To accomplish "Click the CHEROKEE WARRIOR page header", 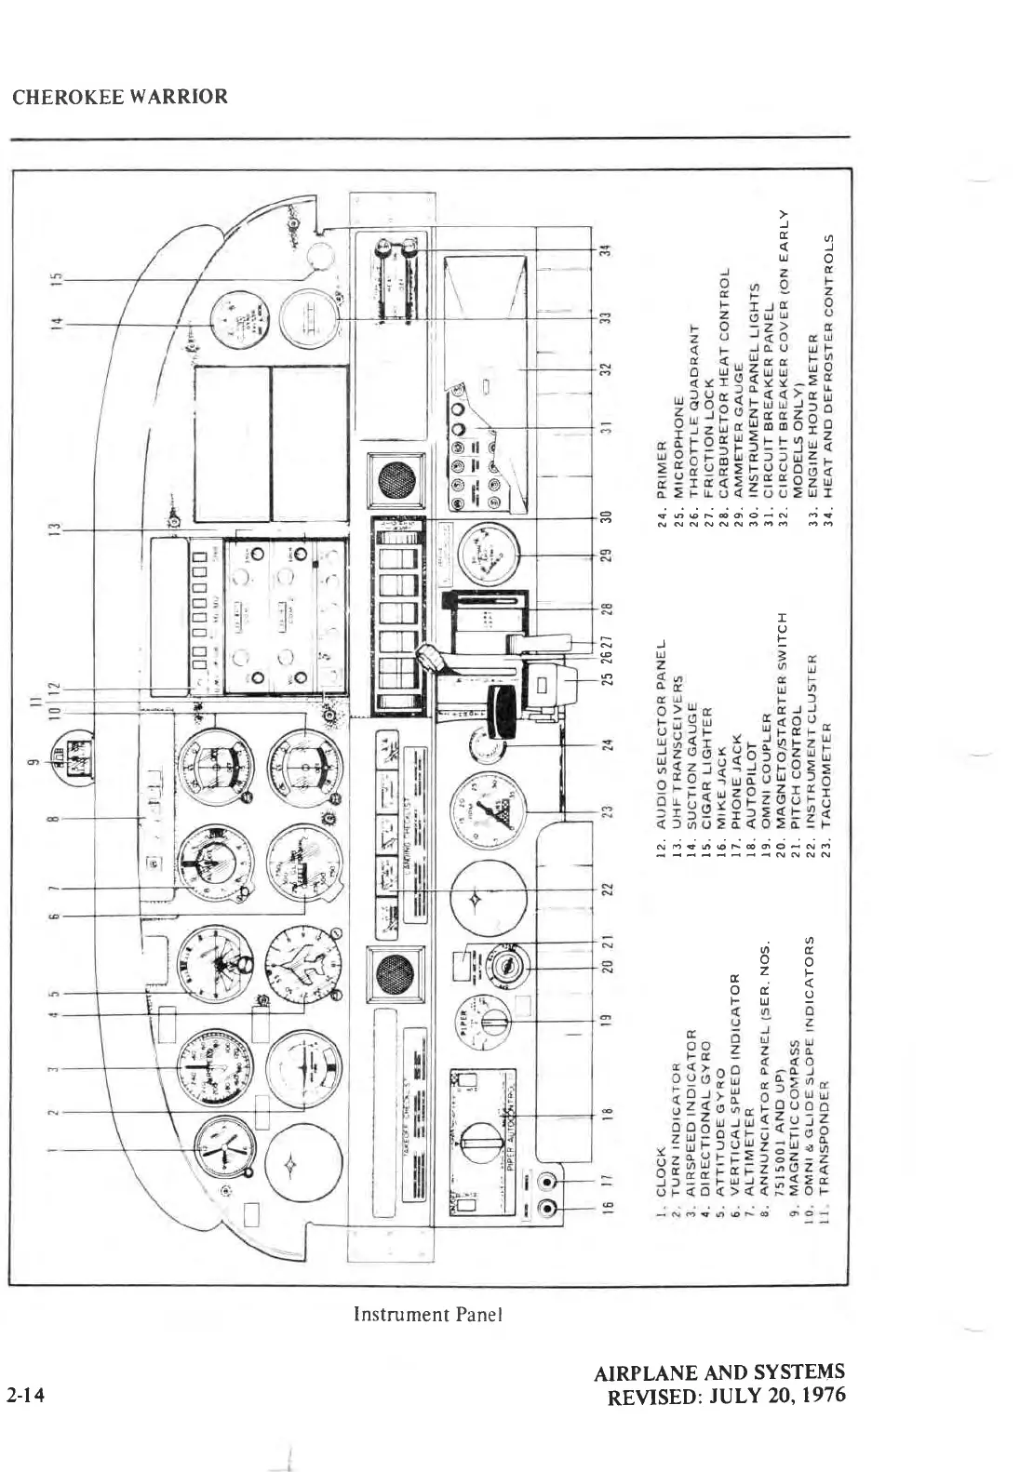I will [120, 97].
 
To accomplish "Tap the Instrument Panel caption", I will [427, 1314].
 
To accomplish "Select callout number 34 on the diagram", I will [607, 250].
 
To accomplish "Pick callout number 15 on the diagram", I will [55, 278].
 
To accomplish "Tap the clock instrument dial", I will [223, 1151].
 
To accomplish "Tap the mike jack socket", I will [547, 1211].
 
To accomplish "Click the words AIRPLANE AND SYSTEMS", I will [719, 1372].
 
